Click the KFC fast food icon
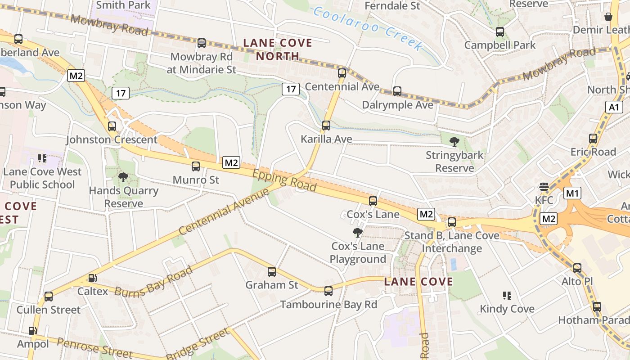(544, 187)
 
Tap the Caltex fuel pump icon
(92, 279)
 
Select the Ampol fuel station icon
(32, 331)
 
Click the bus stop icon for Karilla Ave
(326, 126)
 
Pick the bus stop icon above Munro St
(196, 166)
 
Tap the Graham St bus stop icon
(272, 271)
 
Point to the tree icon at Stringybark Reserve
(454, 142)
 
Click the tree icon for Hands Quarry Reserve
(123, 177)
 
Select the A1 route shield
(614, 107)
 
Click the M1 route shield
(572, 193)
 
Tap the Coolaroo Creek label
(368, 28)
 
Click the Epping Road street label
(284, 180)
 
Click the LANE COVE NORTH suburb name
(278, 49)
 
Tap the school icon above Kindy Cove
(507, 296)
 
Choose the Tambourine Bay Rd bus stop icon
(328, 291)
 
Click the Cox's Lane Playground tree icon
(358, 233)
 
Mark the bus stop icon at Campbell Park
(500, 32)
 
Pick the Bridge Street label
(198, 344)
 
